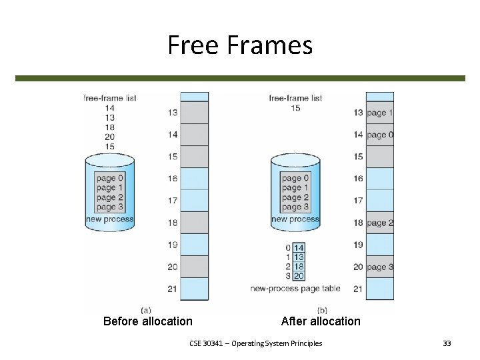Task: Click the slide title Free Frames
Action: tap(240, 45)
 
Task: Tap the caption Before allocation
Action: tap(148, 321)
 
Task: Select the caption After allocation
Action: tap(321, 321)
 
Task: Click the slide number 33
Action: tap(447, 343)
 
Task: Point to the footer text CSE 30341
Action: tap(255, 343)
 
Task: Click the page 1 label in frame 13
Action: tap(380, 113)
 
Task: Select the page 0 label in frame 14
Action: tap(380, 135)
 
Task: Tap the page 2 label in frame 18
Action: tap(380, 223)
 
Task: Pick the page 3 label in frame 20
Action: tap(380, 267)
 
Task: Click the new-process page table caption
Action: tap(295, 289)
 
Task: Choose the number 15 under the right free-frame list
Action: tap(295, 108)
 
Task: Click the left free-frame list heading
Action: tap(110, 98)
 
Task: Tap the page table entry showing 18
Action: tap(299, 266)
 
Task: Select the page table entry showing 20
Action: tap(299, 275)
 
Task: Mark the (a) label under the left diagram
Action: tap(147, 309)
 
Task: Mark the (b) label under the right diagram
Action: tap(322, 309)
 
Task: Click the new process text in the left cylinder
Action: tap(110, 219)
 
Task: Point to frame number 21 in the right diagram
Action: tap(358, 289)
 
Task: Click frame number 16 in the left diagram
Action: tap(173, 179)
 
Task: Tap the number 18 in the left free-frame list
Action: tap(110, 127)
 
